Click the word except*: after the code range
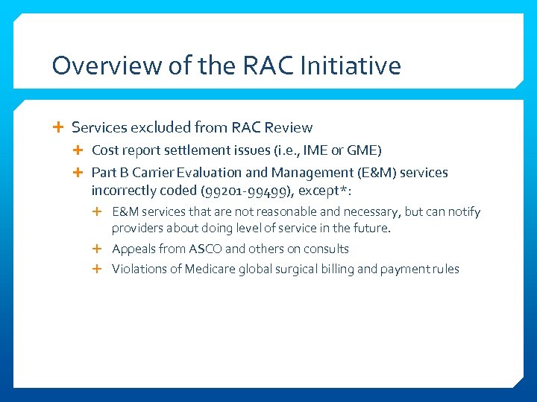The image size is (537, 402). (326, 191)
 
